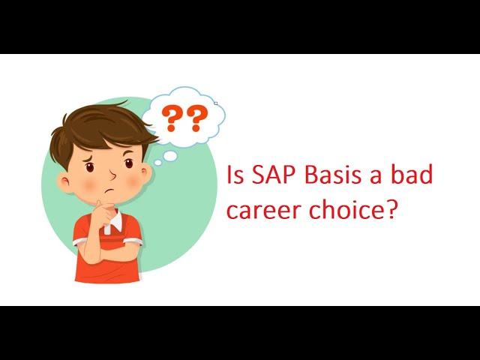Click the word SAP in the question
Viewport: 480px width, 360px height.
275,175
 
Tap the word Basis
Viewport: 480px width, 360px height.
333,175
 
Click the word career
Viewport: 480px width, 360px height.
264,211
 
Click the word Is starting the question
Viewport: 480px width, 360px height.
235,175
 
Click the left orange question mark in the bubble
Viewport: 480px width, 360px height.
172,118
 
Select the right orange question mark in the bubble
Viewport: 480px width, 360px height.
197,118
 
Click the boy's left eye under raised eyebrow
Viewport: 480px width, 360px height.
90,166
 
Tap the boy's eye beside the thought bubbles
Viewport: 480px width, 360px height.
129,163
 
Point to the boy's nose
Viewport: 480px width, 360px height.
113,175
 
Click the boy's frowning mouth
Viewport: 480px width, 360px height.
109,191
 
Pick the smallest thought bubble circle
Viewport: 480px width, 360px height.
157,163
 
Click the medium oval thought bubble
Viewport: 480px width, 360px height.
170,156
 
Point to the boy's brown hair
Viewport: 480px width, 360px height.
100,128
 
